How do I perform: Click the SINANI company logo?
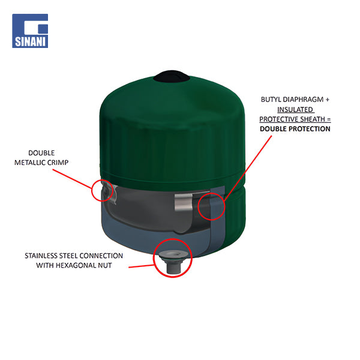(30, 31)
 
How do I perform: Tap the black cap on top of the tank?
(172, 76)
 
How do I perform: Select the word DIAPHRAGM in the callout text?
(303, 100)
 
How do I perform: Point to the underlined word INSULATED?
(295, 110)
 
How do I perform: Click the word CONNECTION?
(101, 256)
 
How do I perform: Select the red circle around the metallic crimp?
(92, 191)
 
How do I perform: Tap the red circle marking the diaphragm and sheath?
(198, 206)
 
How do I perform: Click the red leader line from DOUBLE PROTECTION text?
(248, 169)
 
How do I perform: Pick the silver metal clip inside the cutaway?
(184, 202)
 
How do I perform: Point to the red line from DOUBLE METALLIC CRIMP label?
(72, 179)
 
